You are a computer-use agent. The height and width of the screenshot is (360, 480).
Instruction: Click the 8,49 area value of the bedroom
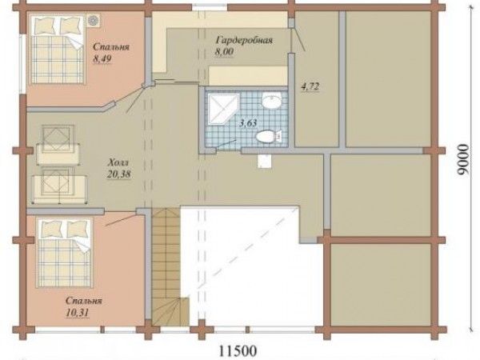click(102, 58)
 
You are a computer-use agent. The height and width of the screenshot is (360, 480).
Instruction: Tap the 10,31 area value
click(77, 313)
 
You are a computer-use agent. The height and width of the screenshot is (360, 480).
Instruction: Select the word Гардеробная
click(244, 40)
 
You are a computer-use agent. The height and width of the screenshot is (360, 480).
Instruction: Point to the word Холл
click(118, 162)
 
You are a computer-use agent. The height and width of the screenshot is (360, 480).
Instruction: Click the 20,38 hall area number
click(118, 174)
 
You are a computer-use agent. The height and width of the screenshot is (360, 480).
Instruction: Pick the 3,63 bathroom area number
click(248, 123)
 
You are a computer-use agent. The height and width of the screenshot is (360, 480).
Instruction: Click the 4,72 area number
click(310, 86)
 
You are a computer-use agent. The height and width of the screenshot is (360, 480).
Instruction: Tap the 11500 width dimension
click(238, 350)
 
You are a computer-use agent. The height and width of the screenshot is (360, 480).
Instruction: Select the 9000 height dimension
click(463, 160)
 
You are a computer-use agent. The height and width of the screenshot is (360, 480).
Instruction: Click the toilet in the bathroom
click(269, 136)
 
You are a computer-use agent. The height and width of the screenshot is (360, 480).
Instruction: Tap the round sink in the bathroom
click(271, 101)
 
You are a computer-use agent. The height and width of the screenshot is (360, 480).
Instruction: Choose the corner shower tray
click(223, 109)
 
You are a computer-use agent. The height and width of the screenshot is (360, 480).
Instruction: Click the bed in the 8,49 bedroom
click(58, 49)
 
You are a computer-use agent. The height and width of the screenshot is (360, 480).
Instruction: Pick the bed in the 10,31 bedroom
click(64, 253)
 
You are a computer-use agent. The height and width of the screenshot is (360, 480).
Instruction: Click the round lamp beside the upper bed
click(93, 20)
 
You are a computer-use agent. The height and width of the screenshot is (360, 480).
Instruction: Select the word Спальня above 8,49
click(111, 47)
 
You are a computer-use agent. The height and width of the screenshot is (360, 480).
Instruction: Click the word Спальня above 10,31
click(83, 301)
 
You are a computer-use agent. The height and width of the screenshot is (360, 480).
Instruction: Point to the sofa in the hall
click(60, 186)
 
